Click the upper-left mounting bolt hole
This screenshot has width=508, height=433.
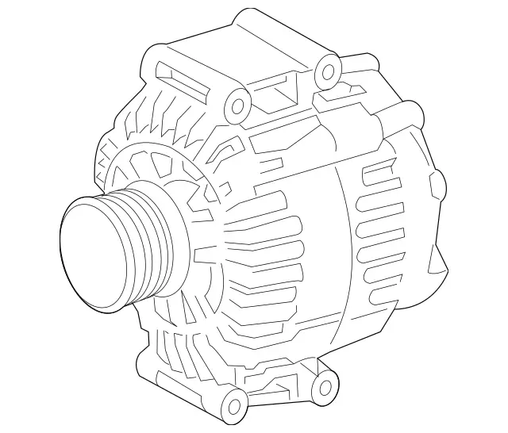coord(235,106)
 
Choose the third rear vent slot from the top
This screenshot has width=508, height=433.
coord(379,231)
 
